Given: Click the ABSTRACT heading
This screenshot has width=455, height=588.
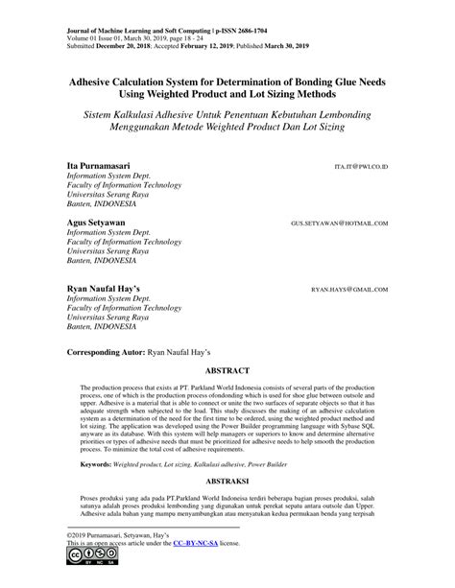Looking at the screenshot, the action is coord(227,369).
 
